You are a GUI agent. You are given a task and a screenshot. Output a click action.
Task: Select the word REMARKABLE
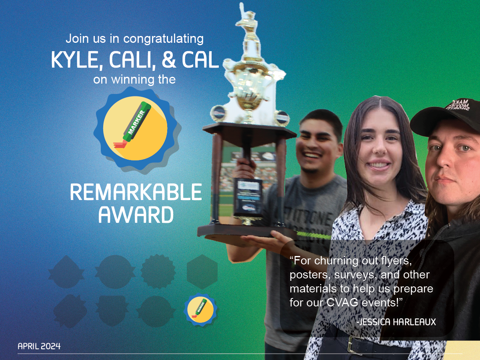136,193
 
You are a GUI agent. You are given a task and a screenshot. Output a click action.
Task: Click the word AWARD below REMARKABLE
136,215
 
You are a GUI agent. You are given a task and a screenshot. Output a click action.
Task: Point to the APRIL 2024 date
39,346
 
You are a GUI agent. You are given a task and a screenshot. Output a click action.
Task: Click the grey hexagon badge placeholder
202,272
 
